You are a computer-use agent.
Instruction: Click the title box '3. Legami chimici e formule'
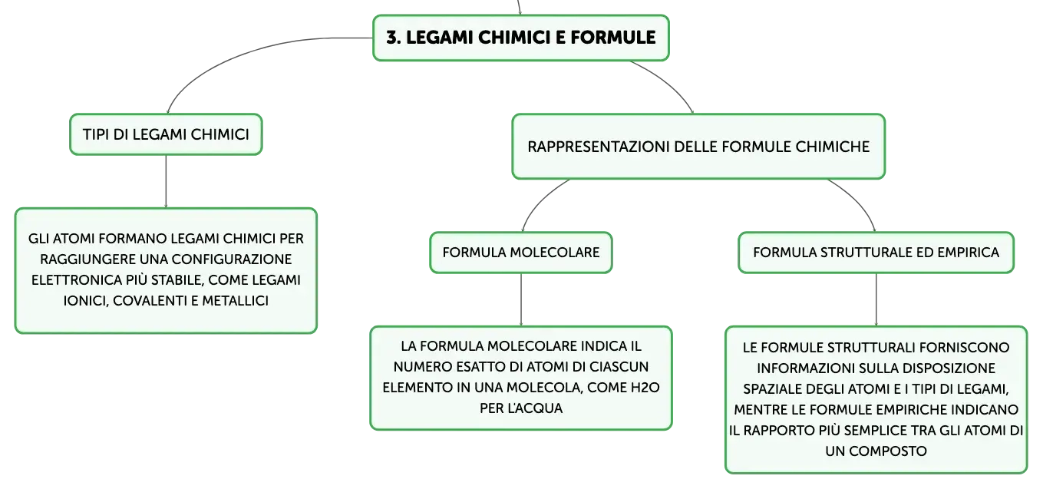[x=520, y=38]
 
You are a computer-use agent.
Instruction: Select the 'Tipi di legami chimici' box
[x=166, y=134]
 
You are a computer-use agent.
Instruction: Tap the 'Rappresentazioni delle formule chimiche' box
[x=698, y=146]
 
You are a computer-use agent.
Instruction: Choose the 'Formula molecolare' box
[x=520, y=253]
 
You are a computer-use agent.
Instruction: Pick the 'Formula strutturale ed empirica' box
[x=876, y=253]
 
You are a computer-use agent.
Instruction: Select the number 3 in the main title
[x=392, y=38]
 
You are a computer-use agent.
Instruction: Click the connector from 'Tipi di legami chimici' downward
[x=166, y=181]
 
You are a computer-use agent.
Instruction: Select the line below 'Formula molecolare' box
[x=521, y=299]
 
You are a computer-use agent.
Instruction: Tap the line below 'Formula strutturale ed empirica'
[x=876, y=299]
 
